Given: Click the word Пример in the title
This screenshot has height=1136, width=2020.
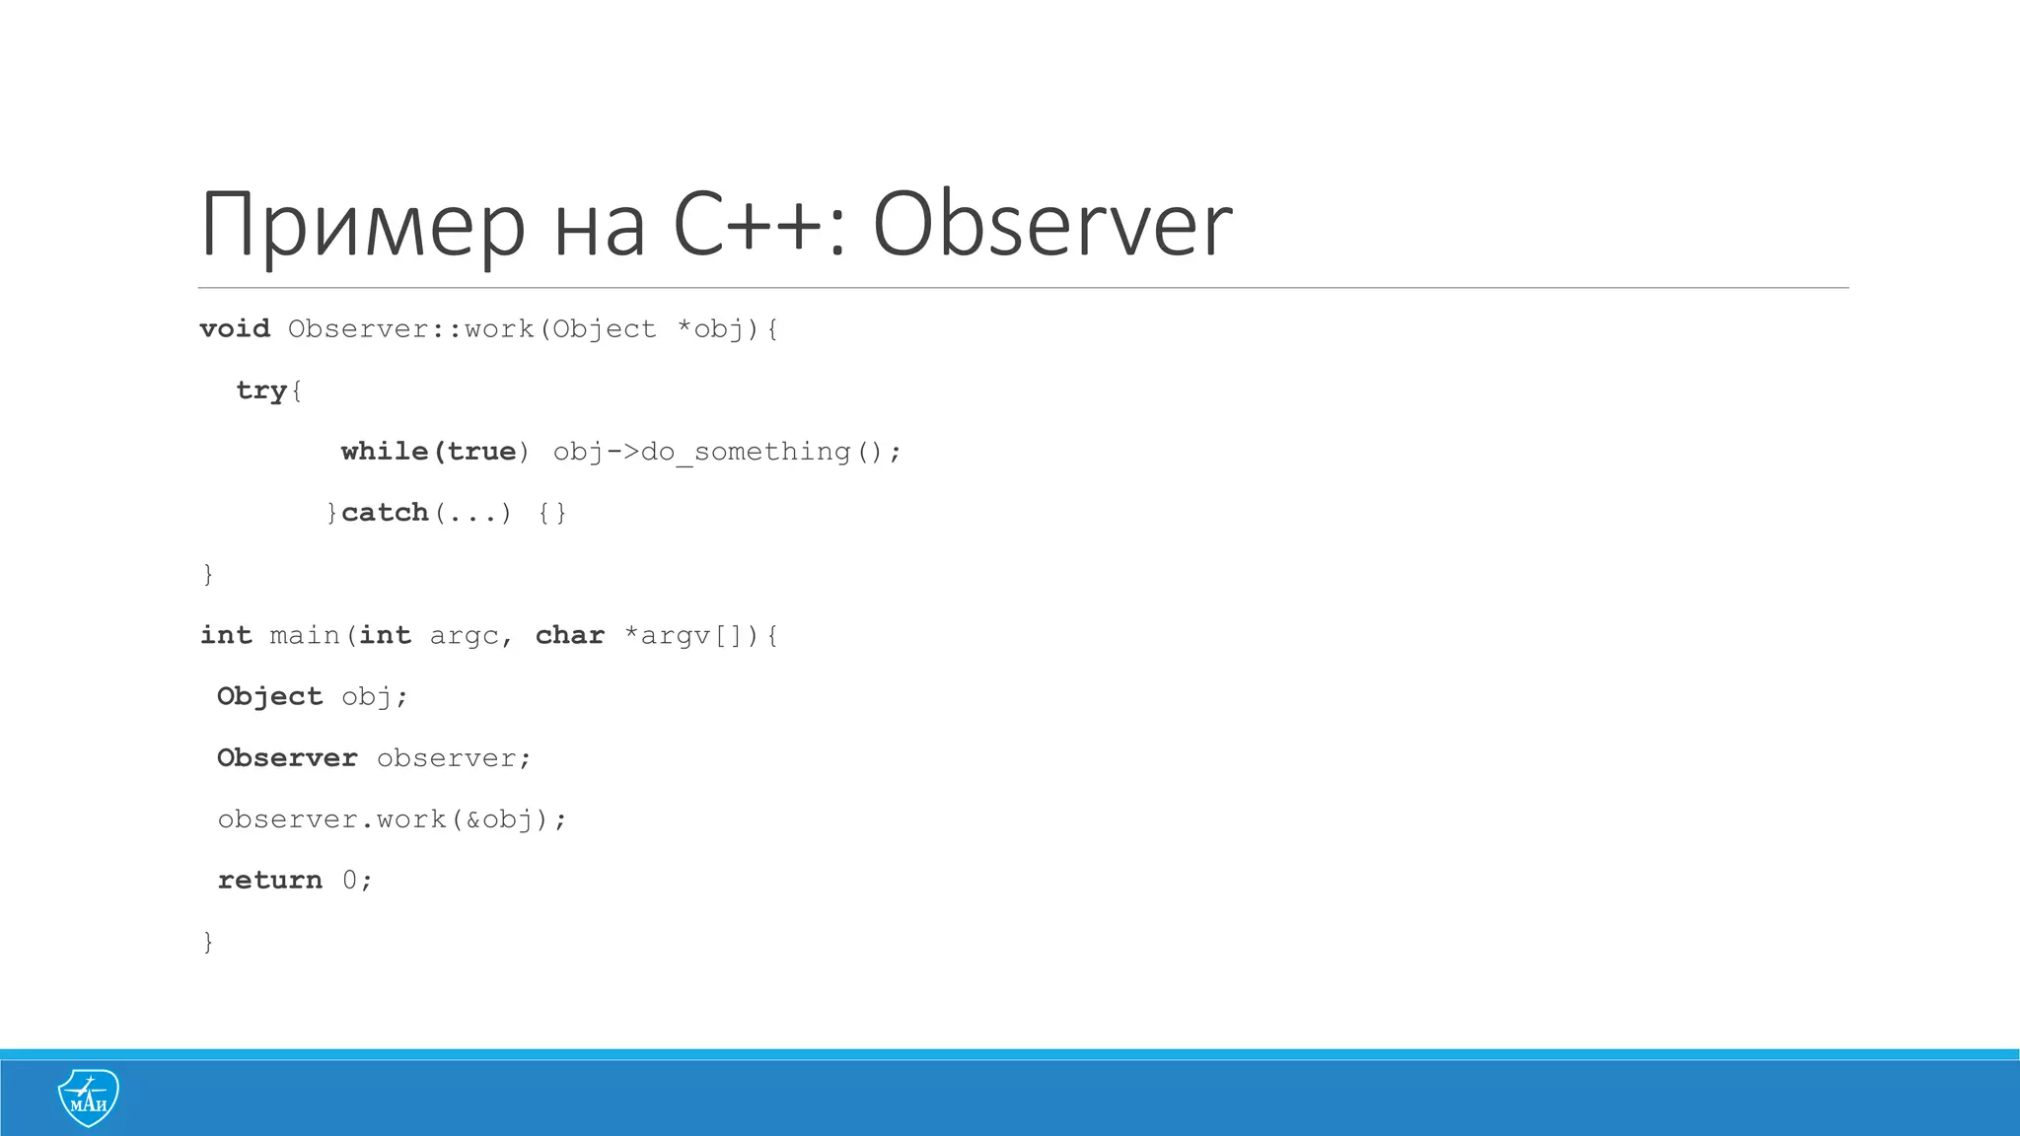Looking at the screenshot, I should pos(362,226).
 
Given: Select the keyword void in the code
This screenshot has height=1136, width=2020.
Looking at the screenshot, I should pos(235,328).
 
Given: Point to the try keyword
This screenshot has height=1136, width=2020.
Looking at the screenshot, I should pos(261,390).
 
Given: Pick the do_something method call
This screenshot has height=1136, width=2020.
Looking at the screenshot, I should pos(745,452).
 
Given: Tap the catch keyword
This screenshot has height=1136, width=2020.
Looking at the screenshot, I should pos(385,513).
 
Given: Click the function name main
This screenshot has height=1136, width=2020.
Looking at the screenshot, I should pos(305,635).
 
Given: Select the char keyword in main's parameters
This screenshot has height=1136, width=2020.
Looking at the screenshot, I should pos(570,635).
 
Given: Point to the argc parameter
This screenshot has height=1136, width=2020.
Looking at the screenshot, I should pos(464,636).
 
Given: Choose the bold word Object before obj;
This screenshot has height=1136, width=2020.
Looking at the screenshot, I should pos(270,696).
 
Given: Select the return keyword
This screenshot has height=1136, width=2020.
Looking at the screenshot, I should pos(270,880).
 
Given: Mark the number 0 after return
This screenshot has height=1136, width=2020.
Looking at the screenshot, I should pos(350,880).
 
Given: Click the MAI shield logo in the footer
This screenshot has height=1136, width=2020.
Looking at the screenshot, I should pos(89,1098).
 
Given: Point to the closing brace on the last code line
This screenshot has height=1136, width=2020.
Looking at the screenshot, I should pos(208,942).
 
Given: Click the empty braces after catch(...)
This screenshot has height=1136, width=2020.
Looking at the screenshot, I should pos(552,513).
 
